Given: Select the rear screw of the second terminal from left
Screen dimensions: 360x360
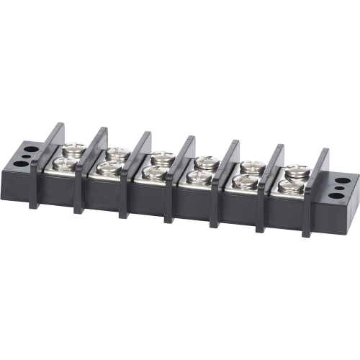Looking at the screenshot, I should pos(117,153).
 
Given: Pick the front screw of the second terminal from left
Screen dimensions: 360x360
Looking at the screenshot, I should pos(109,169).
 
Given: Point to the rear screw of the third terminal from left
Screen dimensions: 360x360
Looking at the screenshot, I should pos(163,157).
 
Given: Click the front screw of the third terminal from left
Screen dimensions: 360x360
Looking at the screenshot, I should pos(154,173).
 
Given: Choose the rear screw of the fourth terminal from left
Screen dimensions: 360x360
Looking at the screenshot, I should pos(207,162).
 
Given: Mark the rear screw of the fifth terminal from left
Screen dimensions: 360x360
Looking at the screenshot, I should pos(251,167).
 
